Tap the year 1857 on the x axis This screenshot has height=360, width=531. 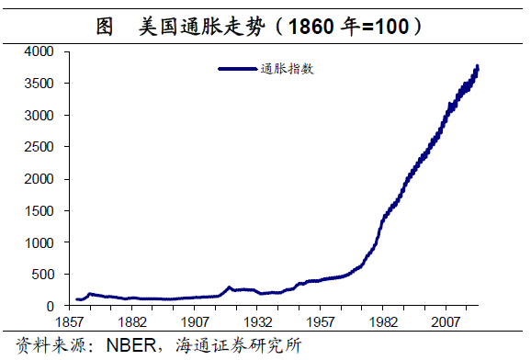coord(70,323)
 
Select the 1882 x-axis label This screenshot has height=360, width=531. coord(133,323)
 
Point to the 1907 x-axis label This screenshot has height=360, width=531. coord(196,323)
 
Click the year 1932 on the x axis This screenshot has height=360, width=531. coord(258,323)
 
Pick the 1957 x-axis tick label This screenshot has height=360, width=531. coord(322,323)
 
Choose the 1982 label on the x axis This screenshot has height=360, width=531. coord(384,323)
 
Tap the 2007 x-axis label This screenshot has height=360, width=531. coord(446,323)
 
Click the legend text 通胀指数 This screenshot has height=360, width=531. coord(288,68)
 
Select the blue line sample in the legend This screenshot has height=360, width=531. coord(238,68)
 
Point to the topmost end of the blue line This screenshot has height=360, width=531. coord(478,66)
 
